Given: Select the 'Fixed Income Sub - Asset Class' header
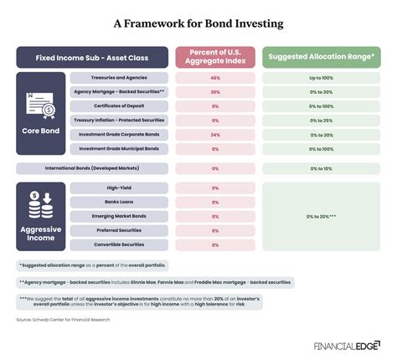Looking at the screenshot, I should click(x=92, y=58).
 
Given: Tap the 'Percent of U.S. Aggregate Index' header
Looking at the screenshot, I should click(x=215, y=58).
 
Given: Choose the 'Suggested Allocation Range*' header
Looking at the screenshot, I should click(x=322, y=58).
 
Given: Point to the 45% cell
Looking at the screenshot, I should click(x=215, y=77).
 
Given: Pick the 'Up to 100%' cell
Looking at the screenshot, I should click(x=322, y=77).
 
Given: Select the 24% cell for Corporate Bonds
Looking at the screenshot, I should click(x=215, y=134).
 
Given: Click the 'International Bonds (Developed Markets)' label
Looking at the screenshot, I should click(x=92, y=168).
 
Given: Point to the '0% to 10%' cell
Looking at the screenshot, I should click(x=322, y=168).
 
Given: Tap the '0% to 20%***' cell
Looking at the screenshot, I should click(x=322, y=216).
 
